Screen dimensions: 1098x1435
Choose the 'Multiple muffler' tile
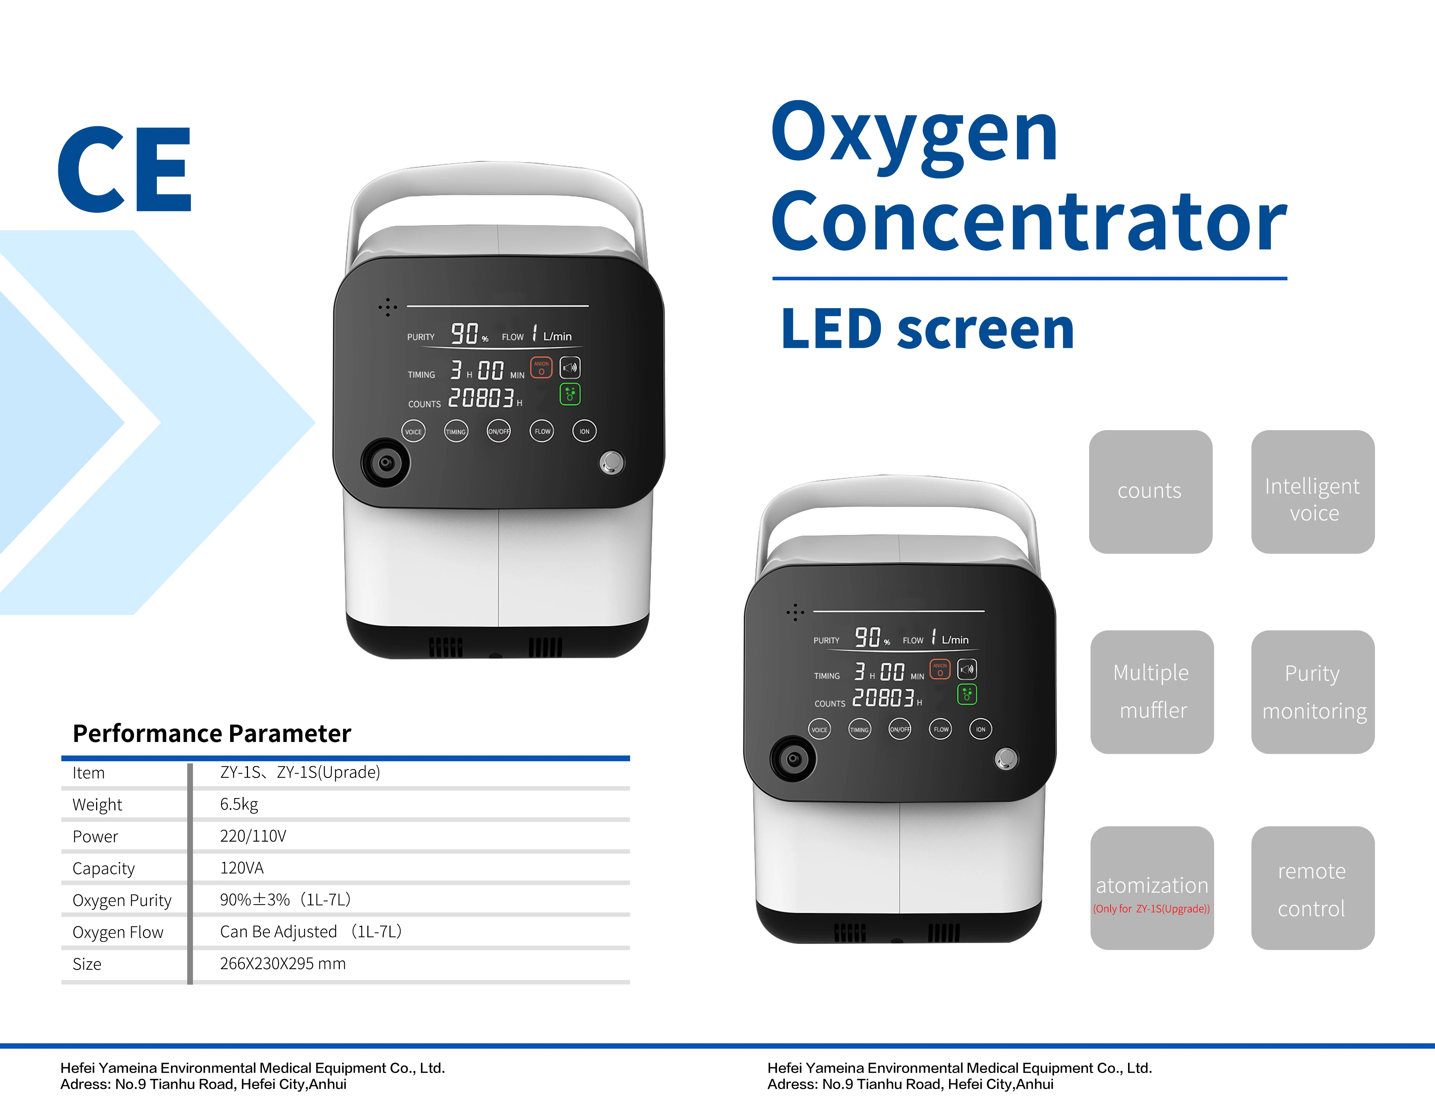pos(1152,691)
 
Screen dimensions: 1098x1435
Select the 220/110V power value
pos(253,836)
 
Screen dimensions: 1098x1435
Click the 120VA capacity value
pos(242,868)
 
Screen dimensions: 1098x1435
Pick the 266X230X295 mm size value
pos(283,963)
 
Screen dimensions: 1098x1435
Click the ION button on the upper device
pos(584,431)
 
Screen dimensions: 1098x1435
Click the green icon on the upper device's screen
pos(570,394)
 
